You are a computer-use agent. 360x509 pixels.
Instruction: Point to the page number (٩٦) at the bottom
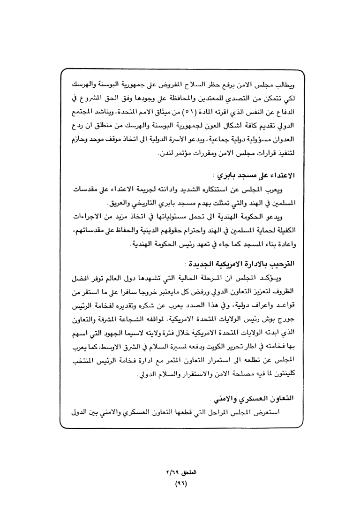[x=180, y=484]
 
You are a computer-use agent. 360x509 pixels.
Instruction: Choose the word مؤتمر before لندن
[x=184, y=153]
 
